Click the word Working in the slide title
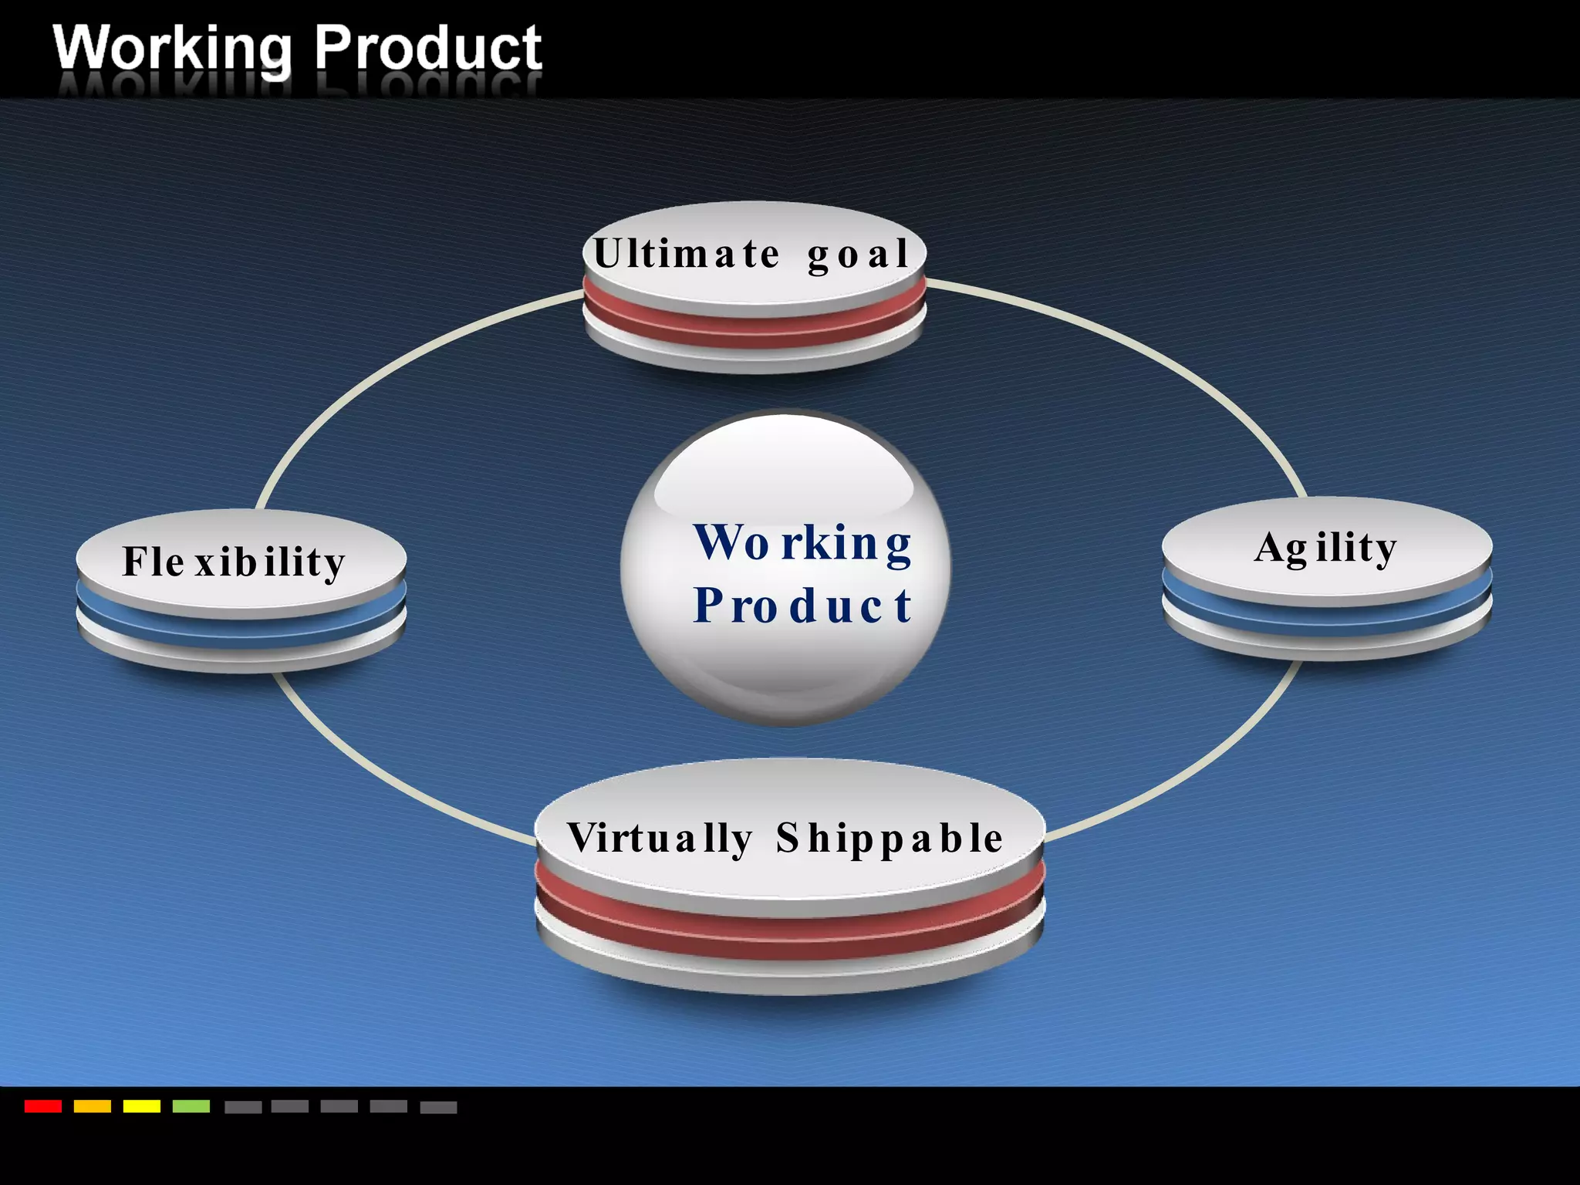pyautogui.click(x=172, y=48)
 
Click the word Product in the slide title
pyautogui.click(x=428, y=48)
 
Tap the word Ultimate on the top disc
pyautogui.click(x=687, y=254)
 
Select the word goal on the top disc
pyautogui.click(x=858, y=255)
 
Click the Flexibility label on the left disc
pyautogui.click(x=234, y=562)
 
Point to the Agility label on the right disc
pyautogui.click(x=1325, y=548)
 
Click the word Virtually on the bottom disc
pyautogui.click(x=660, y=839)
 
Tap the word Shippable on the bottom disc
pyautogui.click(x=890, y=839)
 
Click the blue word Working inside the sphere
pyautogui.click(x=802, y=543)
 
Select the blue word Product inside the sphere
pyautogui.click(x=802, y=605)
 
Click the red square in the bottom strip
pyautogui.click(x=43, y=1106)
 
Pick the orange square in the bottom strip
pyautogui.click(x=93, y=1106)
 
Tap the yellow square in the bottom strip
pyautogui.click(x=142, y=1106)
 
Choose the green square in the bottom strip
pyautogui.click(x=191, y=1106)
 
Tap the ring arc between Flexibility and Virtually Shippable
pyautogui.click(x=386, y=779)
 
